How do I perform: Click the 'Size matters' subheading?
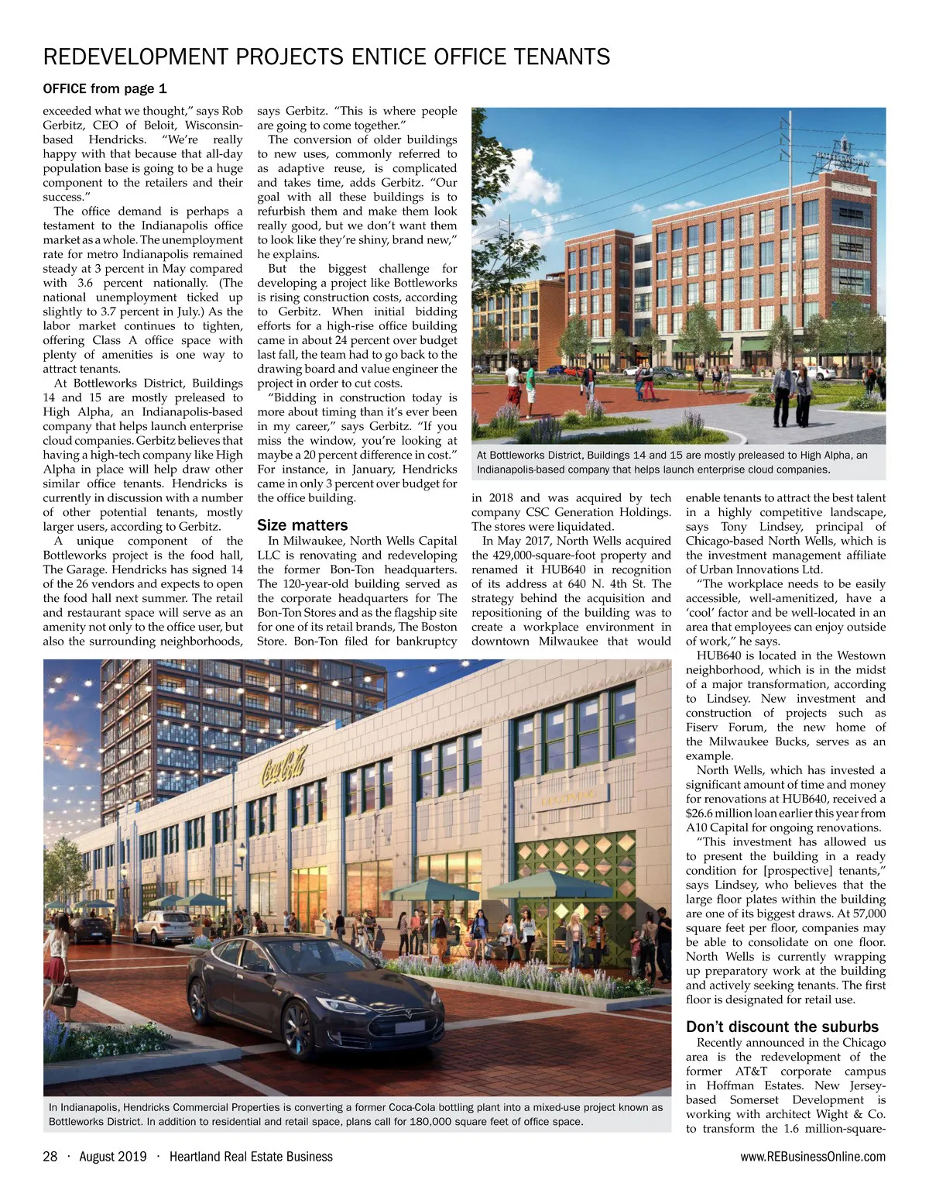click(302, 525)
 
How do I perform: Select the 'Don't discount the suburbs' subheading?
click(782, 1027)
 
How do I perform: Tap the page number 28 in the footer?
click(50, 1157)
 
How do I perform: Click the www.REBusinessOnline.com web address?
click(813, 1157)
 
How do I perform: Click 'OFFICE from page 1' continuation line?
click(105, 88)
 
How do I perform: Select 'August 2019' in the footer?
click(112, 1157)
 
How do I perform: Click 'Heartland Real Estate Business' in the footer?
click(251, 1157)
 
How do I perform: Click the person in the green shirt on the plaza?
click(530, 380)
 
